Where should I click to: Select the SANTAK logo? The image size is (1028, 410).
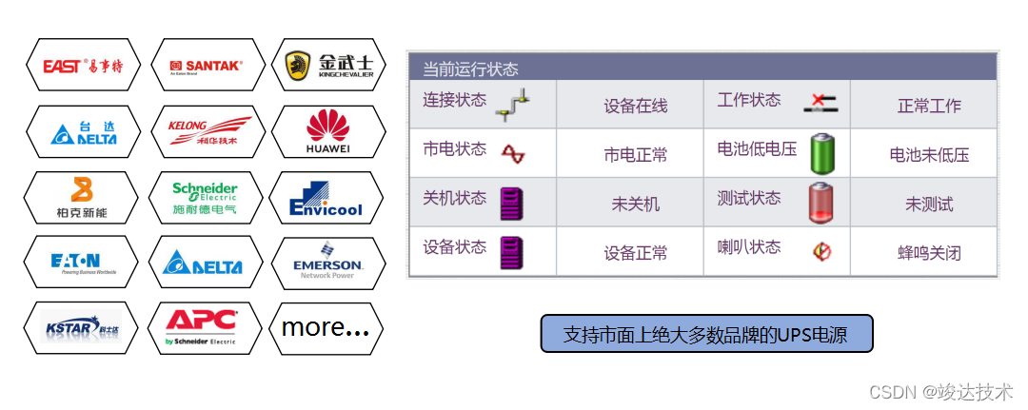pos(206,66)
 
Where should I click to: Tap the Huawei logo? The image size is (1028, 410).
pos(328,131)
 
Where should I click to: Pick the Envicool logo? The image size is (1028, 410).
pos(328,198)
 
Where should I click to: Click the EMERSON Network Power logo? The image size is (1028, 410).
pos(328,264)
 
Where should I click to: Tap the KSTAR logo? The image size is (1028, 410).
pos(81,328)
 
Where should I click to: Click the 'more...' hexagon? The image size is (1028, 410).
pos(326,328)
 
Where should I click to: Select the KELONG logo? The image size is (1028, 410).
pos(206,131)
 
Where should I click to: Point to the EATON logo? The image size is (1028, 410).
pos(81,264)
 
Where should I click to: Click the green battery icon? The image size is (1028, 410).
pos(822,153)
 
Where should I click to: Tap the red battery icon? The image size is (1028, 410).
pos(822,203)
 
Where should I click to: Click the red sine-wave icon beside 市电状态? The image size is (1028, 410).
pos(514,153)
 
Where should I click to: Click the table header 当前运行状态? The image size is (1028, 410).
pos(470,68)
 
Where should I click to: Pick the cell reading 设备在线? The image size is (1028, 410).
pos(635,107)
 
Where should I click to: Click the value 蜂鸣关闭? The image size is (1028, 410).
pos(929,253)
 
